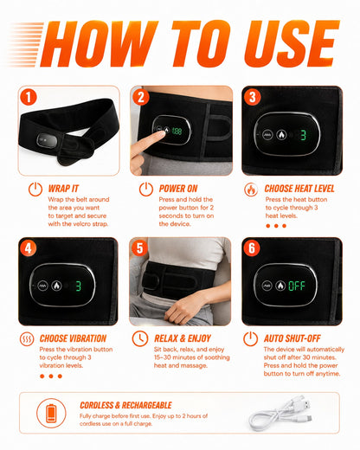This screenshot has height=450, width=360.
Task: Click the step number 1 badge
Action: click(x=29, y=97)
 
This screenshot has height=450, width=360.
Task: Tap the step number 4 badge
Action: click(x=28, y=248)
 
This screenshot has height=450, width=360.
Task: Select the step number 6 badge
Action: click(x=252, y=248)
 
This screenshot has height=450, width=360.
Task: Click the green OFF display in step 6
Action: click(x=297, y=286)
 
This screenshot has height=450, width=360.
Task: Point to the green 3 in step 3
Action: click(x=303, y=135)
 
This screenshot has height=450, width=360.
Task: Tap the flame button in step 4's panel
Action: click(x=56, y=286)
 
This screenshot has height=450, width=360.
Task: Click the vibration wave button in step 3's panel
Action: click(x=267, y=134)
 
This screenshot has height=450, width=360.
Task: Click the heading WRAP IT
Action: click(x=63, y=189)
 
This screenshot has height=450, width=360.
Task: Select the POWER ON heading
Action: click(x=178, y=189)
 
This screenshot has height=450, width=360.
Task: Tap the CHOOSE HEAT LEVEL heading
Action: click(x=299, y=189)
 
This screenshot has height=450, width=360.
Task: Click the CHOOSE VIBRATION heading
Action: click(x=73, y=338)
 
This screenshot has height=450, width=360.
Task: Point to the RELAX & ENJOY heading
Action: click(x=183, y=338)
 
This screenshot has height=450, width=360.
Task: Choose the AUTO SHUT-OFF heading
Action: click(x=292, y=338)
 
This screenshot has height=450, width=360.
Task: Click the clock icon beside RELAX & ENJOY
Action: click(x=140, y=338)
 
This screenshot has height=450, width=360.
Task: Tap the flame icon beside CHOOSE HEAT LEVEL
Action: click(x=251, y=190)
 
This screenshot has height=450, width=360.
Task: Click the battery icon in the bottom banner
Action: click(x=51, y=413)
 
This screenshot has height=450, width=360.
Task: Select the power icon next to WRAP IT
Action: click(x=35, y=190)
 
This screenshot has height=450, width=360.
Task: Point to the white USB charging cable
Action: click(x=280, y=414)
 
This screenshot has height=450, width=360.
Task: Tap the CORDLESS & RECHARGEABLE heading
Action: click(x=125, y=405)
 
